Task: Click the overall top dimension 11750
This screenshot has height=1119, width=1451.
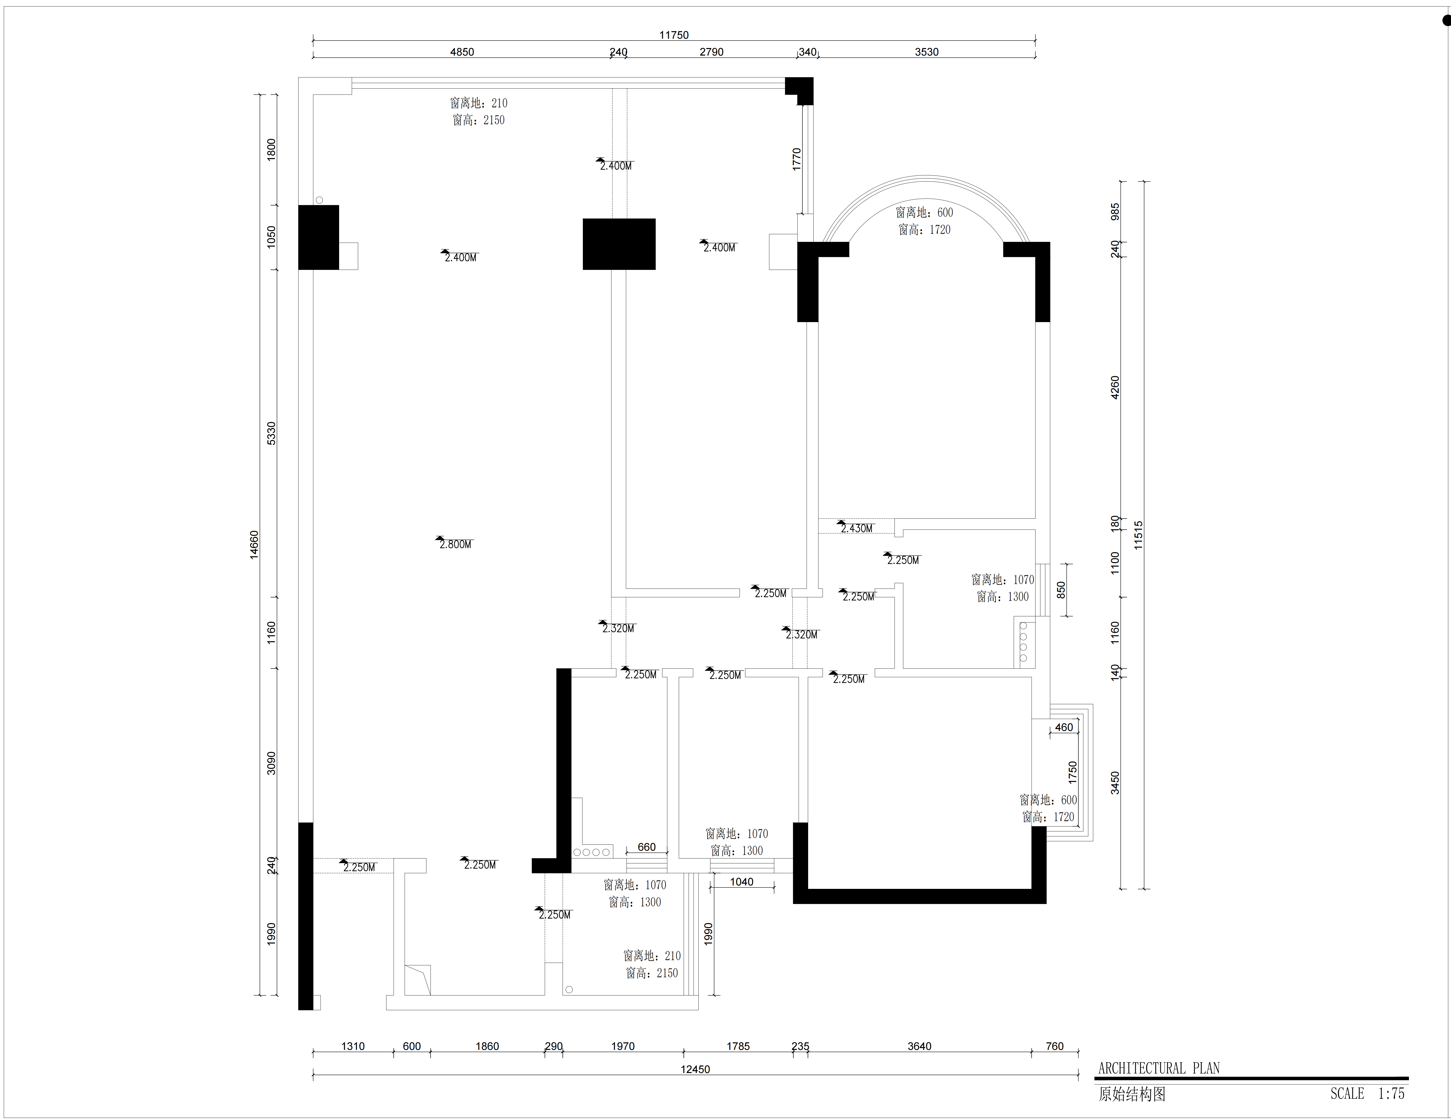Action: pyautogui.click(x=674, y=35)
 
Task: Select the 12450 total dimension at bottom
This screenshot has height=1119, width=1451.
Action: pyautogui.click(x=695, y=1069)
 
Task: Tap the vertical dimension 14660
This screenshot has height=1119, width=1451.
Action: pyautogui.click(x=254, y=544)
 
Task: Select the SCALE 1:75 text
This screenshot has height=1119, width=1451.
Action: pyautogui.click(x=1367, y=1093)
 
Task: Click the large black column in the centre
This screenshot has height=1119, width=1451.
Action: pyautogui.click(x=619, y=244)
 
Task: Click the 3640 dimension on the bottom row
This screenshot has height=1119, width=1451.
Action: pyautogui.click(x=920, y=1046)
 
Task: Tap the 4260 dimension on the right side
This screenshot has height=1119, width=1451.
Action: pyautogui.click(x=1115, y=387)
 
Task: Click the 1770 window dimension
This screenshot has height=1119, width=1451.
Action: pyautogui.click(x=797, y=159)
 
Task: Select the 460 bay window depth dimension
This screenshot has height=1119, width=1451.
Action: pyautogui.click(x=1064, y=727)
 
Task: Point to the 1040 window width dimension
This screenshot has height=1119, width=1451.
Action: pyautogui.click(x=741, y=882)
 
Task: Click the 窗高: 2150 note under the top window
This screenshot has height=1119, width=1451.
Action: pyautogui.click(x=478, y=120)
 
